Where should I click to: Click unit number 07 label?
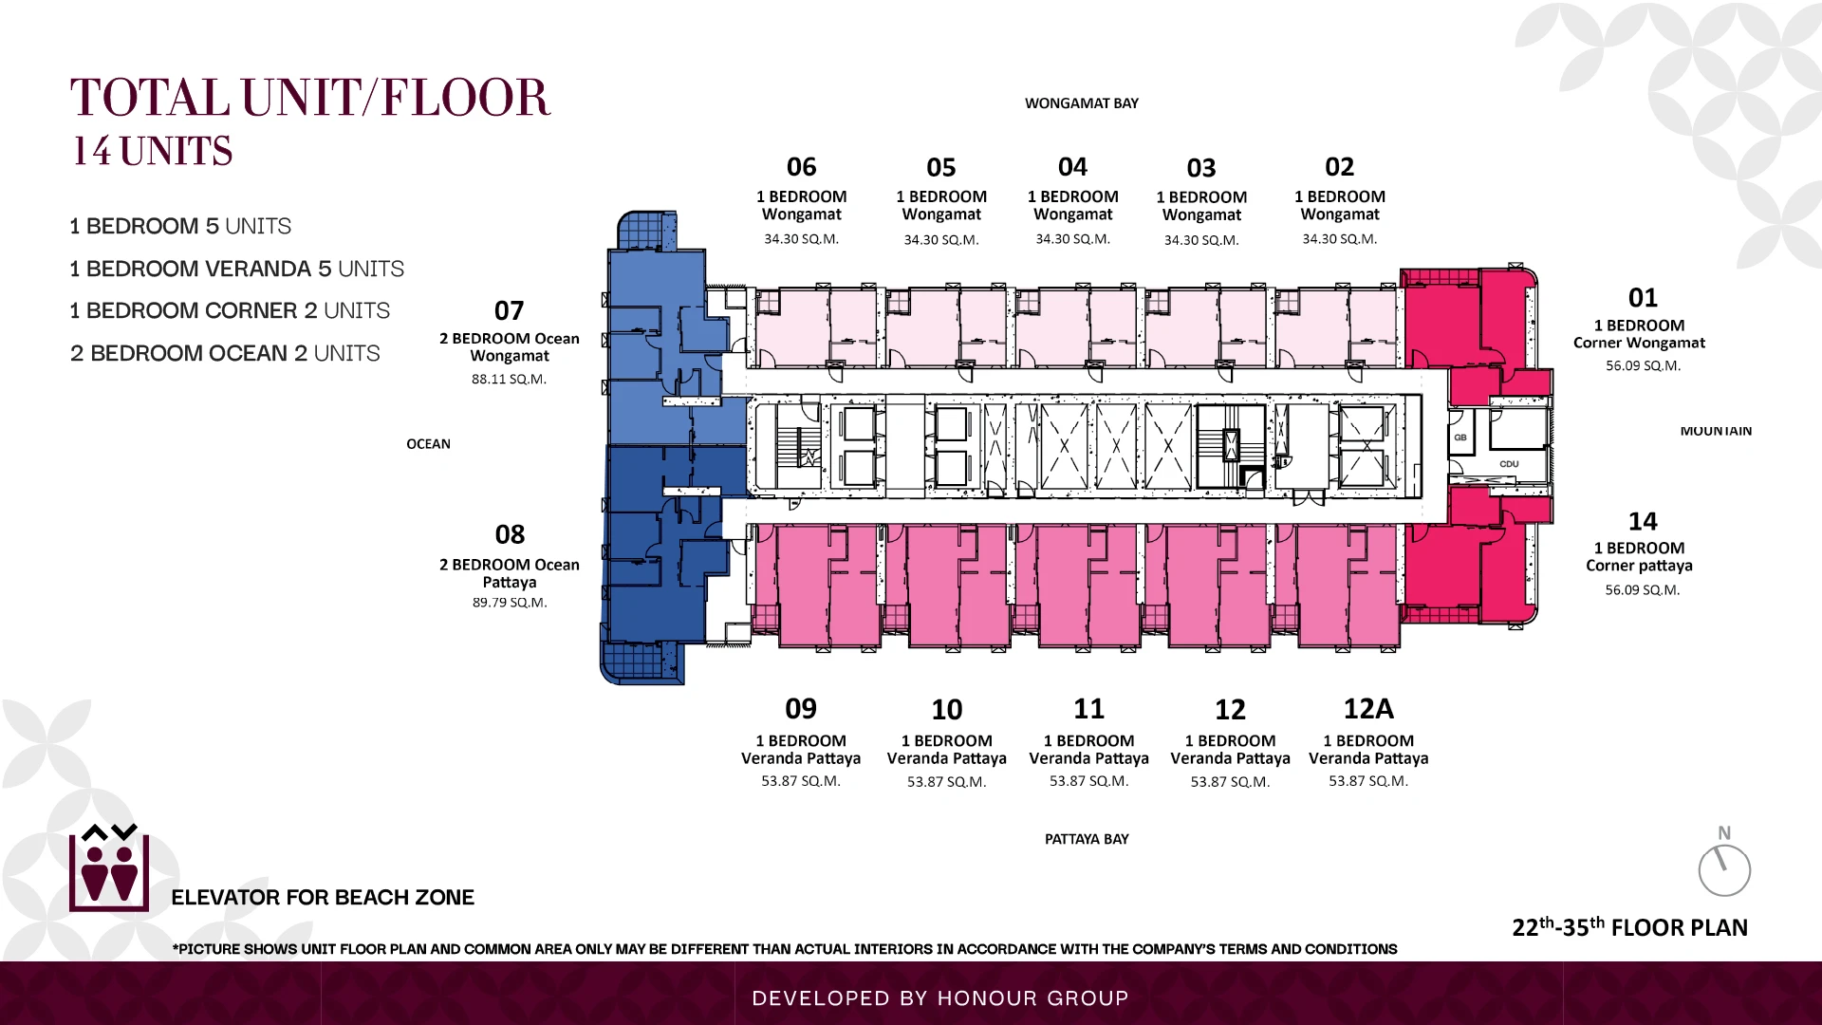point(509,310)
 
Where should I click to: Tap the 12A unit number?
point(1368,709)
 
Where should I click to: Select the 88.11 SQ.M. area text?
point(509,379)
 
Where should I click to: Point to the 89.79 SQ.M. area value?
point(510,603)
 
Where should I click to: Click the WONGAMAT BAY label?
point(1082,103)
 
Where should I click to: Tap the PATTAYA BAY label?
point(1087,839)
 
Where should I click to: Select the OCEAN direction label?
point(428,444)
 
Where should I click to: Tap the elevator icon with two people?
point(109,868)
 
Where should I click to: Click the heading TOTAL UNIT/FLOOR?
point(310,98)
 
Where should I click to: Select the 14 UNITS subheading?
point(153,151)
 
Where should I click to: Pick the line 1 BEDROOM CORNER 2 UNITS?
point(230,310)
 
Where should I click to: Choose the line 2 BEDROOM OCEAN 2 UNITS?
point(225,353)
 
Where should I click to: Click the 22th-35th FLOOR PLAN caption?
point(1629,927)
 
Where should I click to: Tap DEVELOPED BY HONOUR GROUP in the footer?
point(940,998)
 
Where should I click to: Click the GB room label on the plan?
point(1460,438)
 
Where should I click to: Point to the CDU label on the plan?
point(1510,464)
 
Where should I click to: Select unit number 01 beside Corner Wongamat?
point(1643,298)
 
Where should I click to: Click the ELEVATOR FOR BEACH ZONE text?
point(323,898)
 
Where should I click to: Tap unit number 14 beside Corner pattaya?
point(1643,521)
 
